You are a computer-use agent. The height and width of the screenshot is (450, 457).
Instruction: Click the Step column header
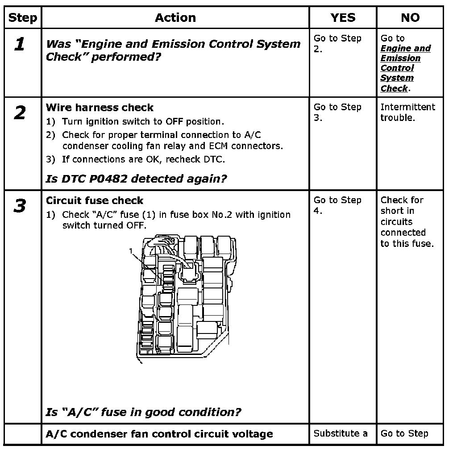pos(23,18)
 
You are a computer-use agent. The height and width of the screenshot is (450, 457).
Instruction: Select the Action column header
pos(175,18)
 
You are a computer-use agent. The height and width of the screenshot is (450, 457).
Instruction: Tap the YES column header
pos(343,18)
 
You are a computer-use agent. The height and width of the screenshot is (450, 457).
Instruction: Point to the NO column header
pos(410,18)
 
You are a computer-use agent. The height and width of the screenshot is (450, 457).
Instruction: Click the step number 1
pos(20,44)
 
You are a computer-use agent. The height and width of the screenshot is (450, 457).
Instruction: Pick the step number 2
pos(20,113)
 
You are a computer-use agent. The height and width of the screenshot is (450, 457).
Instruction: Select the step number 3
pos(20,207)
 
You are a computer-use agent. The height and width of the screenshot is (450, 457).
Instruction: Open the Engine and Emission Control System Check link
pos(405,68)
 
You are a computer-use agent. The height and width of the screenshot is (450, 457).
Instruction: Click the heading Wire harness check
pos(100,108)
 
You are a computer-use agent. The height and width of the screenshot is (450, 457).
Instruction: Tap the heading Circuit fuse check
pos(95,200)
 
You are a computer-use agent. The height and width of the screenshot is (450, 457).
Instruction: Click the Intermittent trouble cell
pos(407,112)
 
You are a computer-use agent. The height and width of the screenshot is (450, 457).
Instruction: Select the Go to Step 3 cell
pos(337,112)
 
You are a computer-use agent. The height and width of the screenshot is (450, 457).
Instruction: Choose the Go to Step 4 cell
pos(337,205)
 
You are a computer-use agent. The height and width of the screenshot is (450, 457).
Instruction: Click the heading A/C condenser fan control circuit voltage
pos(159,433)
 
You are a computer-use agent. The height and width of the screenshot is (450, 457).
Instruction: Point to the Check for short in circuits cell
pos(407,222)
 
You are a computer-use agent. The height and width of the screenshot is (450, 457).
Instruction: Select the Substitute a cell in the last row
pos(341,433)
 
